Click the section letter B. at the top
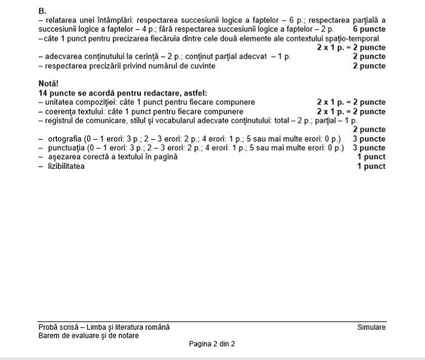click(42, 11)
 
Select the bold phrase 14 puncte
click(58, 93)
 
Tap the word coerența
click(61, 111)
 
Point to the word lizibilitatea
click(67, 166)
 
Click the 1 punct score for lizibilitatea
click(371, 166)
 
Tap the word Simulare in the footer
click(371, 327)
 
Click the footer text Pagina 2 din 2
click(212, 344)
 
